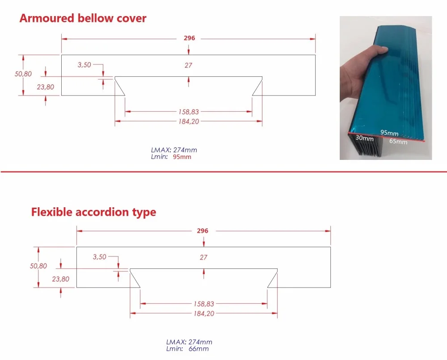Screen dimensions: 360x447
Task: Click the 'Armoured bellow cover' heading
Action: coord(83,18)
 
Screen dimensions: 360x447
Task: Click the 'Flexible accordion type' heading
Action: coord(93,212)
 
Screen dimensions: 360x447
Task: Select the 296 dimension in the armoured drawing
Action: coord(189,38)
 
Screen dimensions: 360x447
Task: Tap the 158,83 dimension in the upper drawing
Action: coord(188,112)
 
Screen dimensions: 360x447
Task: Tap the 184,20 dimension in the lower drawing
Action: coord(203,314)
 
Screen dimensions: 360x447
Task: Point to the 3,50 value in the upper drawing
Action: coord(84,65)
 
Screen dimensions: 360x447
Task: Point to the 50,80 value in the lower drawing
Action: coord(38,266)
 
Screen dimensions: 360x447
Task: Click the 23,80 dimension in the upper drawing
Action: coord(45,87)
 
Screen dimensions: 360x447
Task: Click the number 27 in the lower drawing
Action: coord(203,257)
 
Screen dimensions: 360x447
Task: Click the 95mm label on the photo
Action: coord(389,133)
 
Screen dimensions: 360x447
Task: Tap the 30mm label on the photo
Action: coord(364,138)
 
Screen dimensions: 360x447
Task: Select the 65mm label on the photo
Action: coord(398,142)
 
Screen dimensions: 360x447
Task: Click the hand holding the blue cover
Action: coord(358,71)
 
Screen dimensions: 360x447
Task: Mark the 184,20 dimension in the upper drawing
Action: coord(188,121)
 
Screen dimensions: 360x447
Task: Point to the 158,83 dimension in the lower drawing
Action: coord(203,304)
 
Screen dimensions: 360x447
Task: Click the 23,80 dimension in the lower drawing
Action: coord(61,279)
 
